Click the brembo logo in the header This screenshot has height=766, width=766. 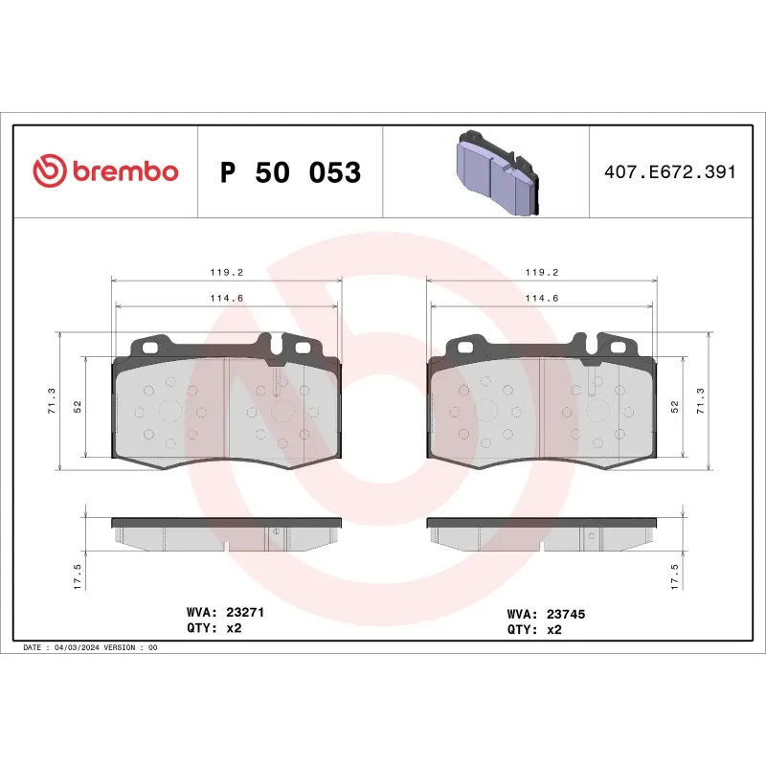(x=105, y=171)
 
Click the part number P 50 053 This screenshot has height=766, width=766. (x=290, y=173)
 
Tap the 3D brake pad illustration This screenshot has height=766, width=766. (x=495, y=172)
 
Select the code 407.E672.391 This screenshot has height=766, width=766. (x=669, y=172)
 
